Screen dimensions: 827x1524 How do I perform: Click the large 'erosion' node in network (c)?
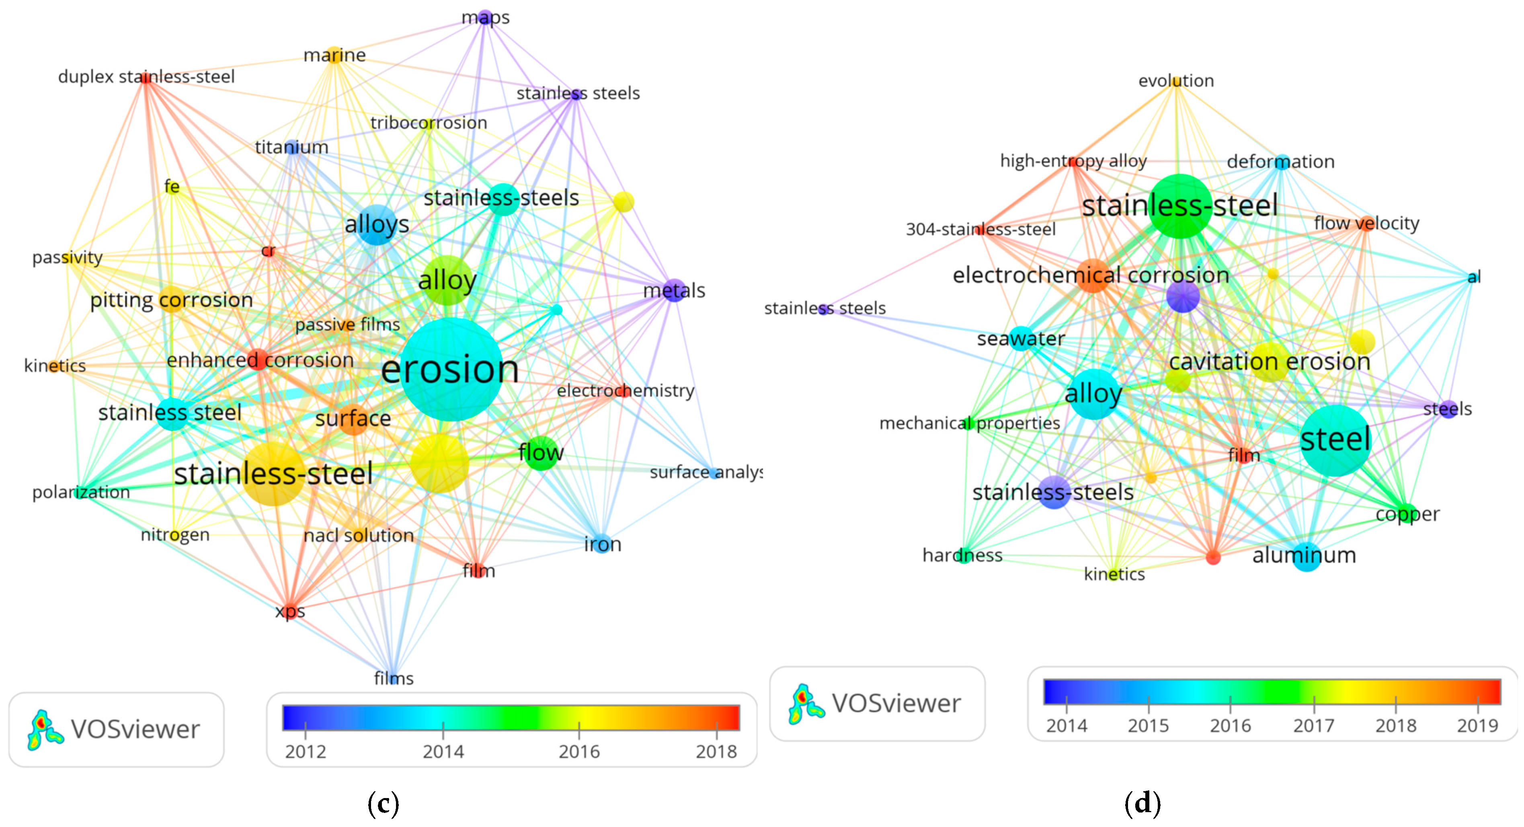(x=451, y=369)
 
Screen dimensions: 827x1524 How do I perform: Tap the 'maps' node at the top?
(x=485, y=18)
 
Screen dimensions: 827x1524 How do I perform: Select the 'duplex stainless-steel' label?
(x=146, y=77)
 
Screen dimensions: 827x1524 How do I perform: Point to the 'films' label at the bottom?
(x=394, y=678)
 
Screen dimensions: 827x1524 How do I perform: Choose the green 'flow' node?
(x=541, y=453)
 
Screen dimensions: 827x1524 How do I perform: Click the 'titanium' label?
(x=292, y=147)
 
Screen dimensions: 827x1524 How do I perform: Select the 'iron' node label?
(x=602, y=544)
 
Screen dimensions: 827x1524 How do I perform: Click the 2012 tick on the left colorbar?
(x=305, y=731)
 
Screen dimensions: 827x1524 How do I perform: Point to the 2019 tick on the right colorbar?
(x=1477, y=705)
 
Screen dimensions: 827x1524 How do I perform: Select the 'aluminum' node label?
(x=1305, y=556)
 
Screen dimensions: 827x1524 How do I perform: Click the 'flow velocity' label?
(x=1366, y=224)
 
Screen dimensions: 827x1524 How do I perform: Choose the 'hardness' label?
(x=962, y=556)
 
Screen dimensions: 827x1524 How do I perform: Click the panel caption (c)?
(x=384, y=803)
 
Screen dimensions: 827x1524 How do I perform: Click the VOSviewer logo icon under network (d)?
(x=805, y=704)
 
